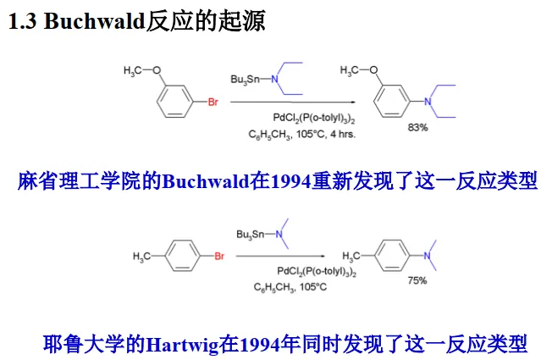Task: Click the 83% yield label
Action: point(418,128)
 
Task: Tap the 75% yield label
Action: point(417,280)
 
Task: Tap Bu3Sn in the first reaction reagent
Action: point(245,79)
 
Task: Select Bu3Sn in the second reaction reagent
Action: point(252,231)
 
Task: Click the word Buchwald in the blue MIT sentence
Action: point(206,181)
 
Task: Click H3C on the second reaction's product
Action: point(354,255)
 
